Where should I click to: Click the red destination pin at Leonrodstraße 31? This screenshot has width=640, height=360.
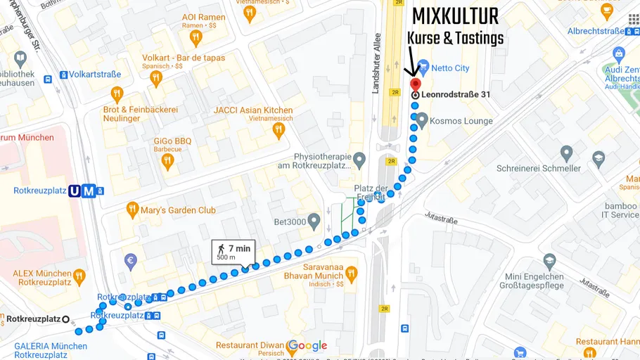click(415, 85)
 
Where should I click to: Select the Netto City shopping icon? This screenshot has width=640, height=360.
click(423, 63)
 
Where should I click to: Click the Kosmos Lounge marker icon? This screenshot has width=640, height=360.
click(421, 120)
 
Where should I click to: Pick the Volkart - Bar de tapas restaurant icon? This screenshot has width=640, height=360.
click(156, 79)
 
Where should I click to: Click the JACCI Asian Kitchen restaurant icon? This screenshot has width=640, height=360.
click(279, 130)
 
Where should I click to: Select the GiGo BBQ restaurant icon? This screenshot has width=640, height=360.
click(167, 162)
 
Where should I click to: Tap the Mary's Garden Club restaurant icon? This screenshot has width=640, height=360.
click(132, 210)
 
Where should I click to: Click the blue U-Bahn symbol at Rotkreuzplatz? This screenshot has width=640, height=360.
click(75, 191)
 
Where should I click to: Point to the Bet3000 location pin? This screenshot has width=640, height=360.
click(314, 222)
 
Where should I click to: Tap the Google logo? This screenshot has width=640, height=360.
click(307, 345)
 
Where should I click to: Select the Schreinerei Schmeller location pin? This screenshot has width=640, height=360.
click(566, 153)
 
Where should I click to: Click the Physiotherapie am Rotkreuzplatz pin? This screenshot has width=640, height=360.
click(359, 160)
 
